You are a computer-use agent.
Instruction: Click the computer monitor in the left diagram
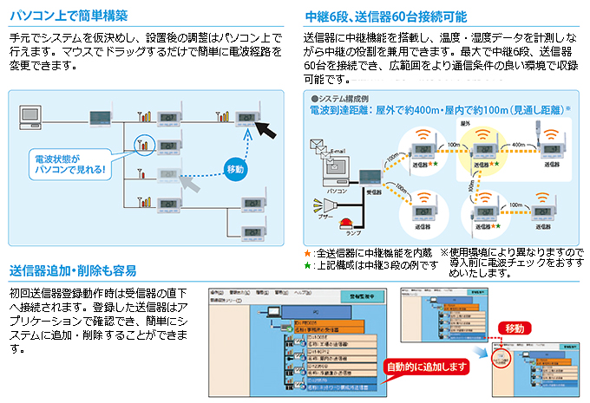coord(31,114)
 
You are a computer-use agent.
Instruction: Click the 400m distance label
coord(520,145)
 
